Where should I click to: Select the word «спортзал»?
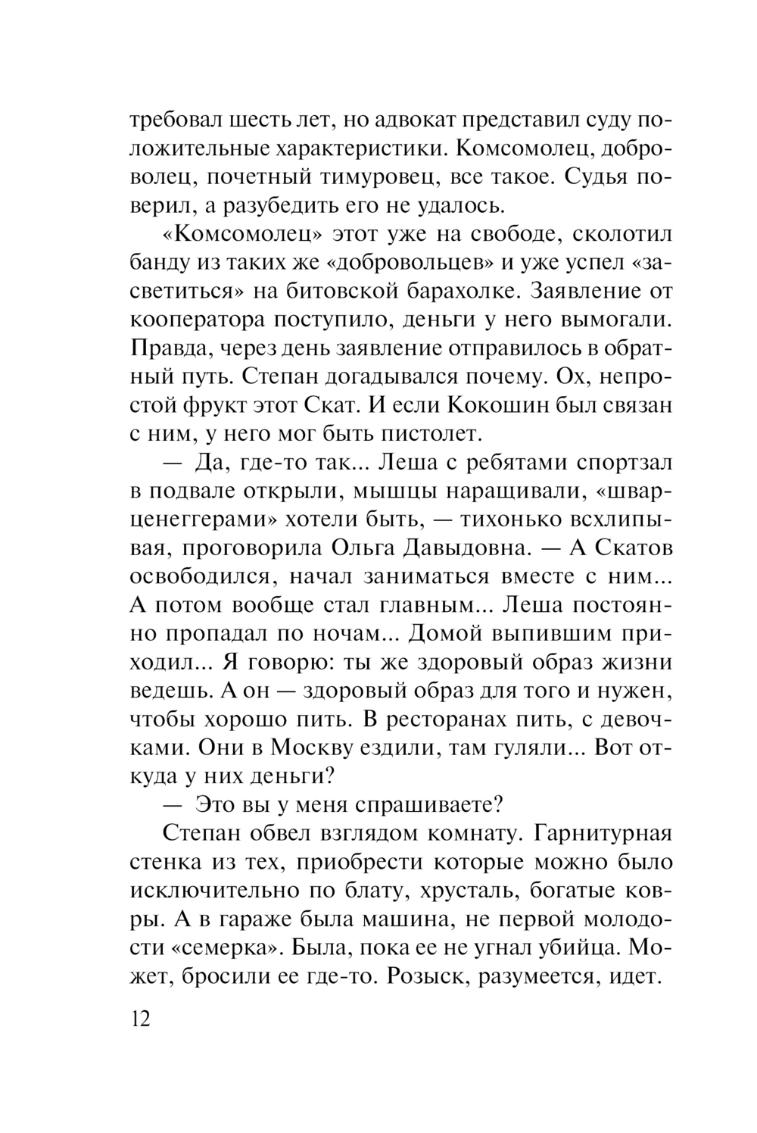pyautogui.click(x=617, y=462)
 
